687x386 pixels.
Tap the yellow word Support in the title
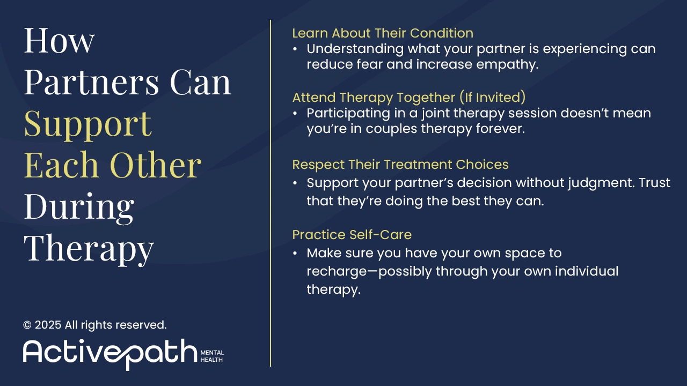click(87, 124)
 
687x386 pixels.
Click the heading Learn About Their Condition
click(383, 33)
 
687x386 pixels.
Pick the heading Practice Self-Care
click(352, 235)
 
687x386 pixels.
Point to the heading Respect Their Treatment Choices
click(400, 164)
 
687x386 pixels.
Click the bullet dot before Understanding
click(295, 49)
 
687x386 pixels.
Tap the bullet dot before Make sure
click(295, 253)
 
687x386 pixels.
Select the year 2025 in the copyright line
click(48, 325)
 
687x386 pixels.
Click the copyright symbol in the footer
click(27, 325)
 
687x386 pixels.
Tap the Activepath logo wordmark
click(110, 352)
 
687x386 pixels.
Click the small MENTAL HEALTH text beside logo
click(212, 356)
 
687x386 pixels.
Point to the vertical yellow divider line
click(271, 193)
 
